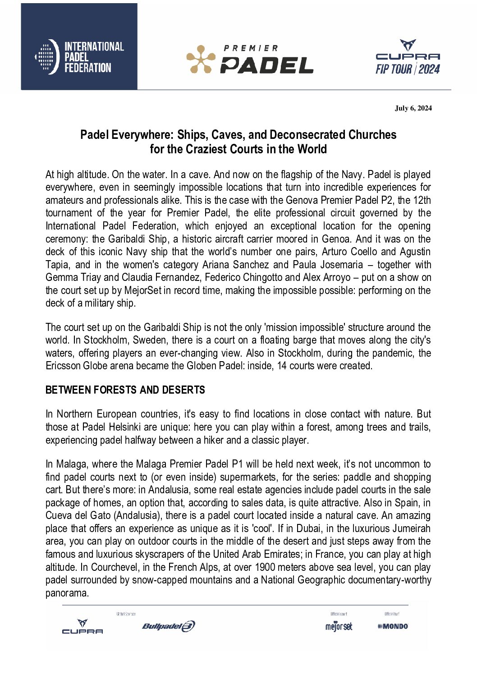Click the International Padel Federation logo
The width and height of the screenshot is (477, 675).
(x=79, y=57)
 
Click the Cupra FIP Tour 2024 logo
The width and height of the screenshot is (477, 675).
(x=408, y=57)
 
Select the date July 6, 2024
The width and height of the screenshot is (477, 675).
(x=413, y=108)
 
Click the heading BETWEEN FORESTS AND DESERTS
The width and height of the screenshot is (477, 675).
(x=125, y=390)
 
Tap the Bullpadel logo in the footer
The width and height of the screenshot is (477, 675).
(x=168, y=626)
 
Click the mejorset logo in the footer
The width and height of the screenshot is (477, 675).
(x=339, y=626)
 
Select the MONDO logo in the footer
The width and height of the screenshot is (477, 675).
(x=393, y=626)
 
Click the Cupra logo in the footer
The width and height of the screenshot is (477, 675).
(x=83, y=627)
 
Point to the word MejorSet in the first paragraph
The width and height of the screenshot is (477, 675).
(x=142, y=290)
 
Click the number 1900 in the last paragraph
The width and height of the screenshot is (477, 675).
(x=265, y=567)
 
